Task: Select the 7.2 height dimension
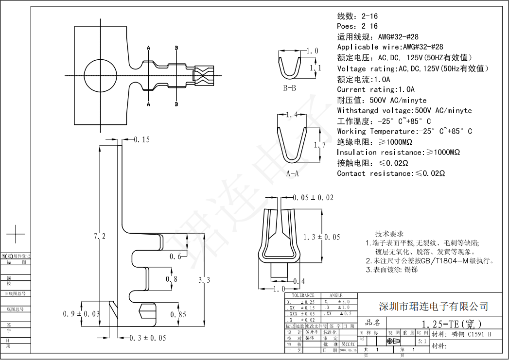point(99,237)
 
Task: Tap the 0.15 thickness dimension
point(142,140)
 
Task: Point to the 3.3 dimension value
point(205,280)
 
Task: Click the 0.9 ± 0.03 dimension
point(82,314)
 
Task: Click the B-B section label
point(290,88)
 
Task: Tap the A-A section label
point(292,173)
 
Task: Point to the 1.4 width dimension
point(292,115)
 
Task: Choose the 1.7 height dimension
point(319,145)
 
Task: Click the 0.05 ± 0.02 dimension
point(314,197)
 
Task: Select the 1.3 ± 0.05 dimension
point(321,237)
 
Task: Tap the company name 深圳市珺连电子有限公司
point(433,307)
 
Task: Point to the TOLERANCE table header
point(303,295)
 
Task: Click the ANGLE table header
point(336,295)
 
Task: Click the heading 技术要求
point(389,234)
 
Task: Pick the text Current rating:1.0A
point(376,89)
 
